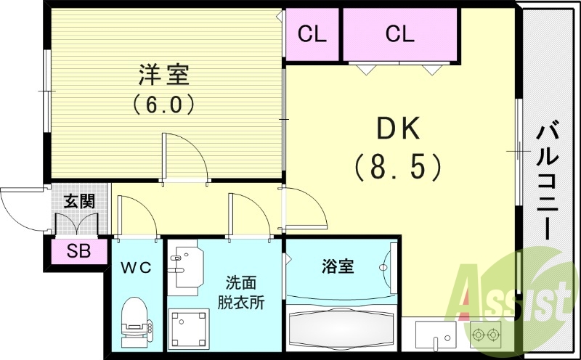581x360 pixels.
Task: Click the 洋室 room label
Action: click(163, 75)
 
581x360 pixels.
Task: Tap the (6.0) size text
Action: click(163, 105)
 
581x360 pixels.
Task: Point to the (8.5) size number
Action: click(397, 166)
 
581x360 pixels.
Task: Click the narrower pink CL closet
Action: click(312, 33)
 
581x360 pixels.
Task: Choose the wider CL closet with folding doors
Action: click(399, 33)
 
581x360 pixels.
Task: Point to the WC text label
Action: click(136, 268)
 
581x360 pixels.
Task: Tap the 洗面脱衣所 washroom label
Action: click(240, 292)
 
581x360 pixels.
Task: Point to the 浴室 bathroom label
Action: click(338, 266)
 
